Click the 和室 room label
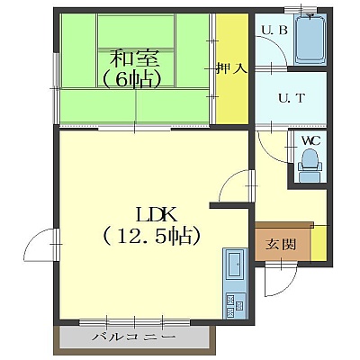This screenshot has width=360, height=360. (x=134, y=58)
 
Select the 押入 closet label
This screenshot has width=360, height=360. (x=232, y=69)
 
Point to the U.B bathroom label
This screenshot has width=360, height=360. (x=274, y=31)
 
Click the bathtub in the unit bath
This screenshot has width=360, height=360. (x=310, y=39)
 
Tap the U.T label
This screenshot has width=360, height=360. (x=292, y=98)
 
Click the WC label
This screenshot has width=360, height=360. (x=310, y=140)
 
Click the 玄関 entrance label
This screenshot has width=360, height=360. (x=281, y=245)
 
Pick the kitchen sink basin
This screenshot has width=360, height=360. (x=235, y=265)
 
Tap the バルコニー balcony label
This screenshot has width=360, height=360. (x=133, y=337)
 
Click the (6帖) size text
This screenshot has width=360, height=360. (x=132, y=79)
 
